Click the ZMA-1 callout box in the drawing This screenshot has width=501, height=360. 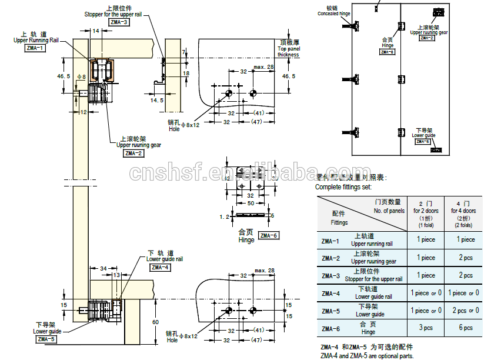[35, 48]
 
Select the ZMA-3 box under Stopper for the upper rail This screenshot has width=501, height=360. [119, 22]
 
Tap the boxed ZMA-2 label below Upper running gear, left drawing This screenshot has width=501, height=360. [133, 154]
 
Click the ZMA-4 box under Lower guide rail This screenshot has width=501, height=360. [161, 267]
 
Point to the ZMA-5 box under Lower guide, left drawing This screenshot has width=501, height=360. [46, 339]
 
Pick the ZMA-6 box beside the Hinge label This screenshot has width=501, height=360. [268, 235]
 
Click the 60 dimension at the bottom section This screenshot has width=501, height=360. [155, 322]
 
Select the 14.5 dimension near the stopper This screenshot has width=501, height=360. [156, 101]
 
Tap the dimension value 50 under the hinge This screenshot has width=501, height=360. [251, 203]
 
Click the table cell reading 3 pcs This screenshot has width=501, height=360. [426, 328]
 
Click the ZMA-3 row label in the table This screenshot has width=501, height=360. [330, 275]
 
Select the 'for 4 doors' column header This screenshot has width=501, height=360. [463, 211]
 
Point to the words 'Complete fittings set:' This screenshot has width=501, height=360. [343, 187]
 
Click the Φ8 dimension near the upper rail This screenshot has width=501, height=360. [82, 77]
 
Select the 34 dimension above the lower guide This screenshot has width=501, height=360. [103, 268]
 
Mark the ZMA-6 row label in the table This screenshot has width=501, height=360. [330, 328]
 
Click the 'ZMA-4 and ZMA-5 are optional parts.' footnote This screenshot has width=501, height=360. [367, 355]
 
